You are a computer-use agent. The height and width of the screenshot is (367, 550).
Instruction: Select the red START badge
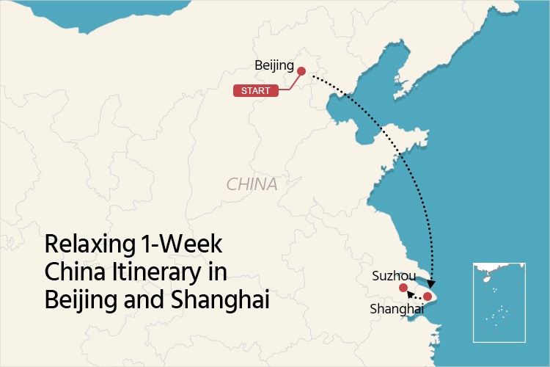pyautogui.click(x=256, y=91)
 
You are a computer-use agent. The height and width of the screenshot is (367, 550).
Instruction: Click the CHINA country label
pyautogui.click(x=252, y=184)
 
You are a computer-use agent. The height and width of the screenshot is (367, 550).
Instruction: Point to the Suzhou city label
pyautogui.click(x=394, y=277)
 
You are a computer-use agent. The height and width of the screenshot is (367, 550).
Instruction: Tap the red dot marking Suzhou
pyautogui.click(x=403, y=287)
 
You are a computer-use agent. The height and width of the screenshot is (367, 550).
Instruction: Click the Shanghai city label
pyautogui.click(x=397, y=310)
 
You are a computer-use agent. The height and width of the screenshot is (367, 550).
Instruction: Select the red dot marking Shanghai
pyautogui.click(x=428, y=297)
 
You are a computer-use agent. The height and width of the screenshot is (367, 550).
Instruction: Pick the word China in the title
pyautogui.click(x=70, y=272)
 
